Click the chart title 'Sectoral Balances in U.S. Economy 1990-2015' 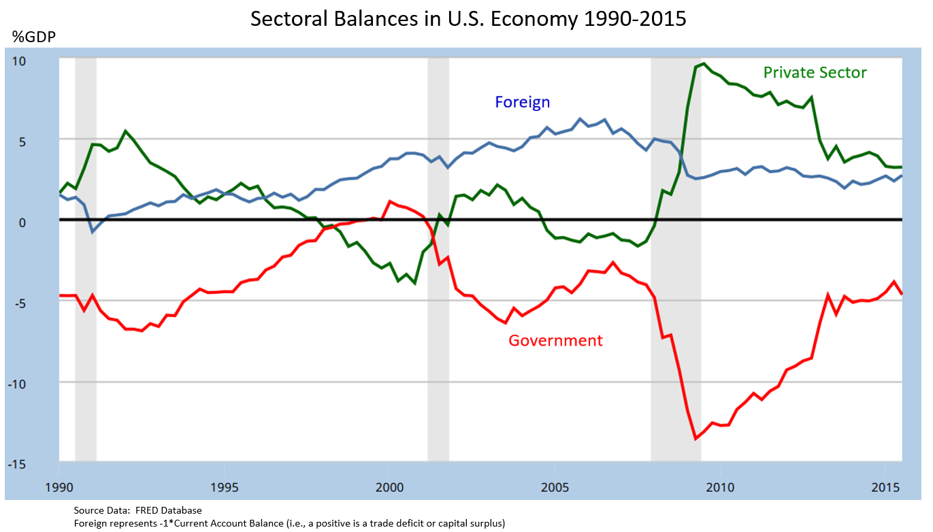tap(468, 19)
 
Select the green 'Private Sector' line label tap(815, 73)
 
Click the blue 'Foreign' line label tap(522, 103)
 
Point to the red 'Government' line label tap(555, 341)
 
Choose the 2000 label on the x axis tap(389, 487)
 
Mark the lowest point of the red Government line tap(695, 439)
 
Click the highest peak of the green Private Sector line tap(704, 64)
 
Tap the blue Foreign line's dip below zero tap(93, 232)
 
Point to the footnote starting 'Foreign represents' tap(289, 522)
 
